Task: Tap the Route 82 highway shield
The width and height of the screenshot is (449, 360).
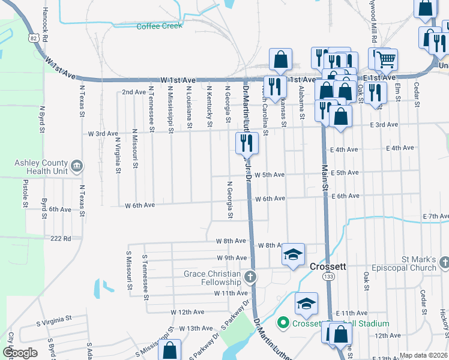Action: click(33, 38)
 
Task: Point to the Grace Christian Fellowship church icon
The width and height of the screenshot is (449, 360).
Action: click(250, 277)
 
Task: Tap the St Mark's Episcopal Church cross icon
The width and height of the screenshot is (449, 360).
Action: click(444, 262)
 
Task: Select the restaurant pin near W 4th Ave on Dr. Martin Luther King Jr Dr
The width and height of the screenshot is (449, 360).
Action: click(246, 143)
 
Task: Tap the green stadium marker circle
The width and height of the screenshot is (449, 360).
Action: click(283, 323)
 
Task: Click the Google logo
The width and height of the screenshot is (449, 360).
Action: click(20, 353)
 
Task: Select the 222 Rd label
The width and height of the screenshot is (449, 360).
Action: click(61, 238)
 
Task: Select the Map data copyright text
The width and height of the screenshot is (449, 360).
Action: click(424, 355)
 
